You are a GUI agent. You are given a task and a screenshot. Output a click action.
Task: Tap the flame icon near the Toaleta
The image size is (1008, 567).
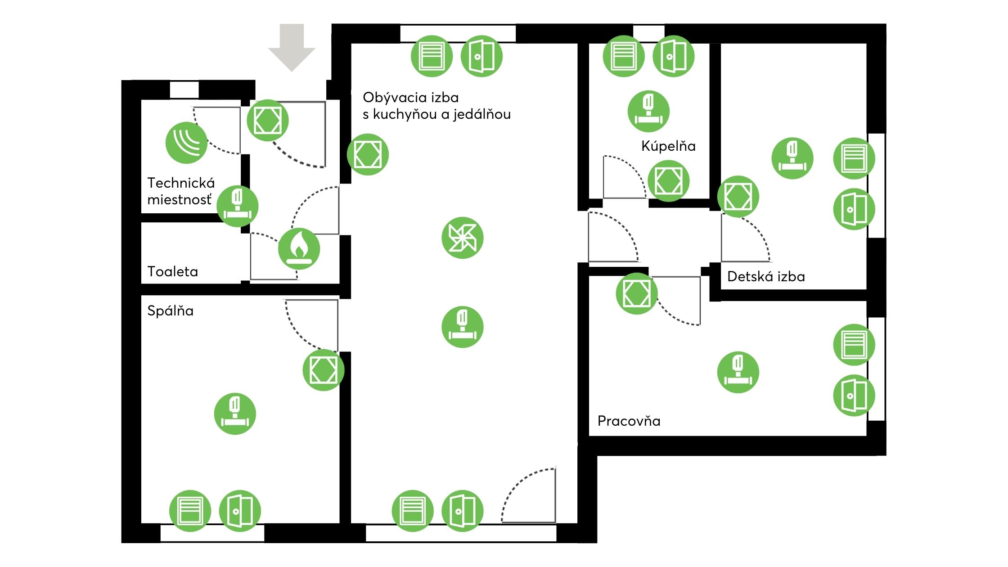[x=299, y=248]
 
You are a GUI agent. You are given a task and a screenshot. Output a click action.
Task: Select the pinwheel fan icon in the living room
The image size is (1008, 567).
[x=462, y=238]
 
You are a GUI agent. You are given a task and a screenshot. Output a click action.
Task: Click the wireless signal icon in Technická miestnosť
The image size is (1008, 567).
[x=186, y=142]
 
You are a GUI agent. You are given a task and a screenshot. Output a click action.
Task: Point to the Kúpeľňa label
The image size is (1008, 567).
[x=668, y=146]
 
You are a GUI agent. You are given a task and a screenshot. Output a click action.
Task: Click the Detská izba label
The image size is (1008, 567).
[x=766, y=276]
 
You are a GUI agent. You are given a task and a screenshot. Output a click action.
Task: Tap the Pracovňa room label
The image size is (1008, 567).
[x=629, y=421]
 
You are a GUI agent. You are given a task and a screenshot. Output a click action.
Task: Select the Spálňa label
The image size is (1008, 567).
[x=170, y=311]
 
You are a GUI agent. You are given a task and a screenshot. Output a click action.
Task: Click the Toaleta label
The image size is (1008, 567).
[x=172, y=272]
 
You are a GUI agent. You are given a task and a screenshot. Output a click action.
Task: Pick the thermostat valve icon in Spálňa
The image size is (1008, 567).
[x=235, y=414]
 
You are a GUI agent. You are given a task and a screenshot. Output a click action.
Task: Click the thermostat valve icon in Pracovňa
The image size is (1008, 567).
[x=738, y=372]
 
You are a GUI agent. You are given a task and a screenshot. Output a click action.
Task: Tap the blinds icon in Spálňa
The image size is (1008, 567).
[x=190, y=511]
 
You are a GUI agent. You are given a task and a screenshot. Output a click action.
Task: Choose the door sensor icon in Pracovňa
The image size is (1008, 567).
[x=854, y=395]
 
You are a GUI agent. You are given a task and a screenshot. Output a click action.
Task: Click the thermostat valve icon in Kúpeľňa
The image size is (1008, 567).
[x=648, y=111]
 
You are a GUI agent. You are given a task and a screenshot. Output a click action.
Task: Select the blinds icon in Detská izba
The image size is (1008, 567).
[x=854, y=158]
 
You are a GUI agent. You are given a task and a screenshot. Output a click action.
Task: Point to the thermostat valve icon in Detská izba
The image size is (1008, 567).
[x=792, y=158]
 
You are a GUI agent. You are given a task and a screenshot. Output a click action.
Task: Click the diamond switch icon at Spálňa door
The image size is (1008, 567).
[x=323, y=370]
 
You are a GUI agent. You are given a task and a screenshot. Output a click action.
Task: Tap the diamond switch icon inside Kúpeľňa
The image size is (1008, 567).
[x=668, y=181]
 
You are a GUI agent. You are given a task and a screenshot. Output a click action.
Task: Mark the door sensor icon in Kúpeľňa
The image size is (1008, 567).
[x=673, y=56]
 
